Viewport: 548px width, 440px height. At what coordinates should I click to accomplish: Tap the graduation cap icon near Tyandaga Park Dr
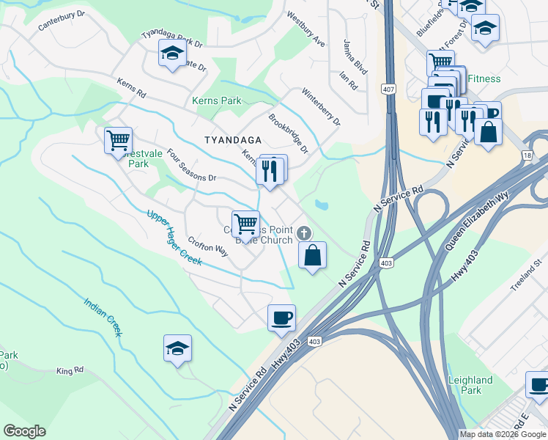pos(172,53)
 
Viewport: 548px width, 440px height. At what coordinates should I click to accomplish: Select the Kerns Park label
pos(216,100)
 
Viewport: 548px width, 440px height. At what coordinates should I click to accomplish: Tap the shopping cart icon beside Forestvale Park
pos(118,139)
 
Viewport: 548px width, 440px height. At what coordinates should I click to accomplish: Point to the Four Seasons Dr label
pos(192,166)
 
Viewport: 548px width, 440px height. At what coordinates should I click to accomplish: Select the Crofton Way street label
pos(208,244)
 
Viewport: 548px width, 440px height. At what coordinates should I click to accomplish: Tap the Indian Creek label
pos(102,316)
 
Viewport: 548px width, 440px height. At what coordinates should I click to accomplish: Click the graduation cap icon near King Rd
pos(177,348)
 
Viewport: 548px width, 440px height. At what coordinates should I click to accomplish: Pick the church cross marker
pos(304,233)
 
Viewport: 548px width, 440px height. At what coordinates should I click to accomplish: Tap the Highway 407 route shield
pos(388,89)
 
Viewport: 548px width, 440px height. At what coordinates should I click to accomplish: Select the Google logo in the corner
pos(24,431)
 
